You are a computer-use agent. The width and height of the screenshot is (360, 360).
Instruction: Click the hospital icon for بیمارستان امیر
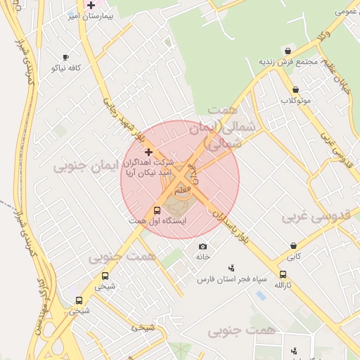tap(91, 5)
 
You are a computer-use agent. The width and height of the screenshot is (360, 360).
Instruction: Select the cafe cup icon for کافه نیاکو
tap(65, 58)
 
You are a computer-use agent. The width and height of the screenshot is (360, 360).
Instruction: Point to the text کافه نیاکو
tap(66, 68)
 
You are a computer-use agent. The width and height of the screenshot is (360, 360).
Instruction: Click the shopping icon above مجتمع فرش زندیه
tap(288, 51)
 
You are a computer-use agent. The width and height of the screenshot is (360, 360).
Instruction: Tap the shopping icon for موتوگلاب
tap(295, 90)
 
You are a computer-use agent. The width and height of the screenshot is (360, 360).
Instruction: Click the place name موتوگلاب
tap(296, 101)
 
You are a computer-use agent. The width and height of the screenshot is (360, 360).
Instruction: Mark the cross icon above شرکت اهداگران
tap(148, 151)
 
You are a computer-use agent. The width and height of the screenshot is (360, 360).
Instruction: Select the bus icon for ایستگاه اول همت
tap(156, 210)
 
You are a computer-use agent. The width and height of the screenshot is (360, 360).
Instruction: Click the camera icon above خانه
tap(203, 246)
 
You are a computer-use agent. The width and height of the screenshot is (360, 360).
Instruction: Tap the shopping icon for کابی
tap(293, 246)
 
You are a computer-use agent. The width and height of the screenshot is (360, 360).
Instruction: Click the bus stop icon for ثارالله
tap(283, 274)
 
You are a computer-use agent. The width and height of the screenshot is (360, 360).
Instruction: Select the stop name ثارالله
tap(283, 285)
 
